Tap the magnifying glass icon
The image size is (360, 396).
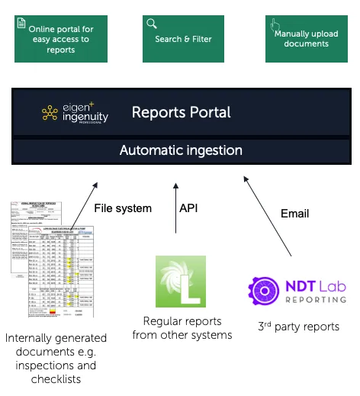[x=152, y=24]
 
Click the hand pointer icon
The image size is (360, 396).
[x=275, y=24]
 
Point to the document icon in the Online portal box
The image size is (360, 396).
[x=22, y=24]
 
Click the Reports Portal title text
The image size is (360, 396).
[x=181, y=112]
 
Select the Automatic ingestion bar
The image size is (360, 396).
[x=181, y=150]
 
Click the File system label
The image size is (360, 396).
[x=123, y=208]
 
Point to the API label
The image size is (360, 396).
[x=188, y=208]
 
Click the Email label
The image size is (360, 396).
[x=295, y=213]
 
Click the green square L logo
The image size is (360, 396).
[x=181, y=281]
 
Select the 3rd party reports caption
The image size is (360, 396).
[x=297, y=327]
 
